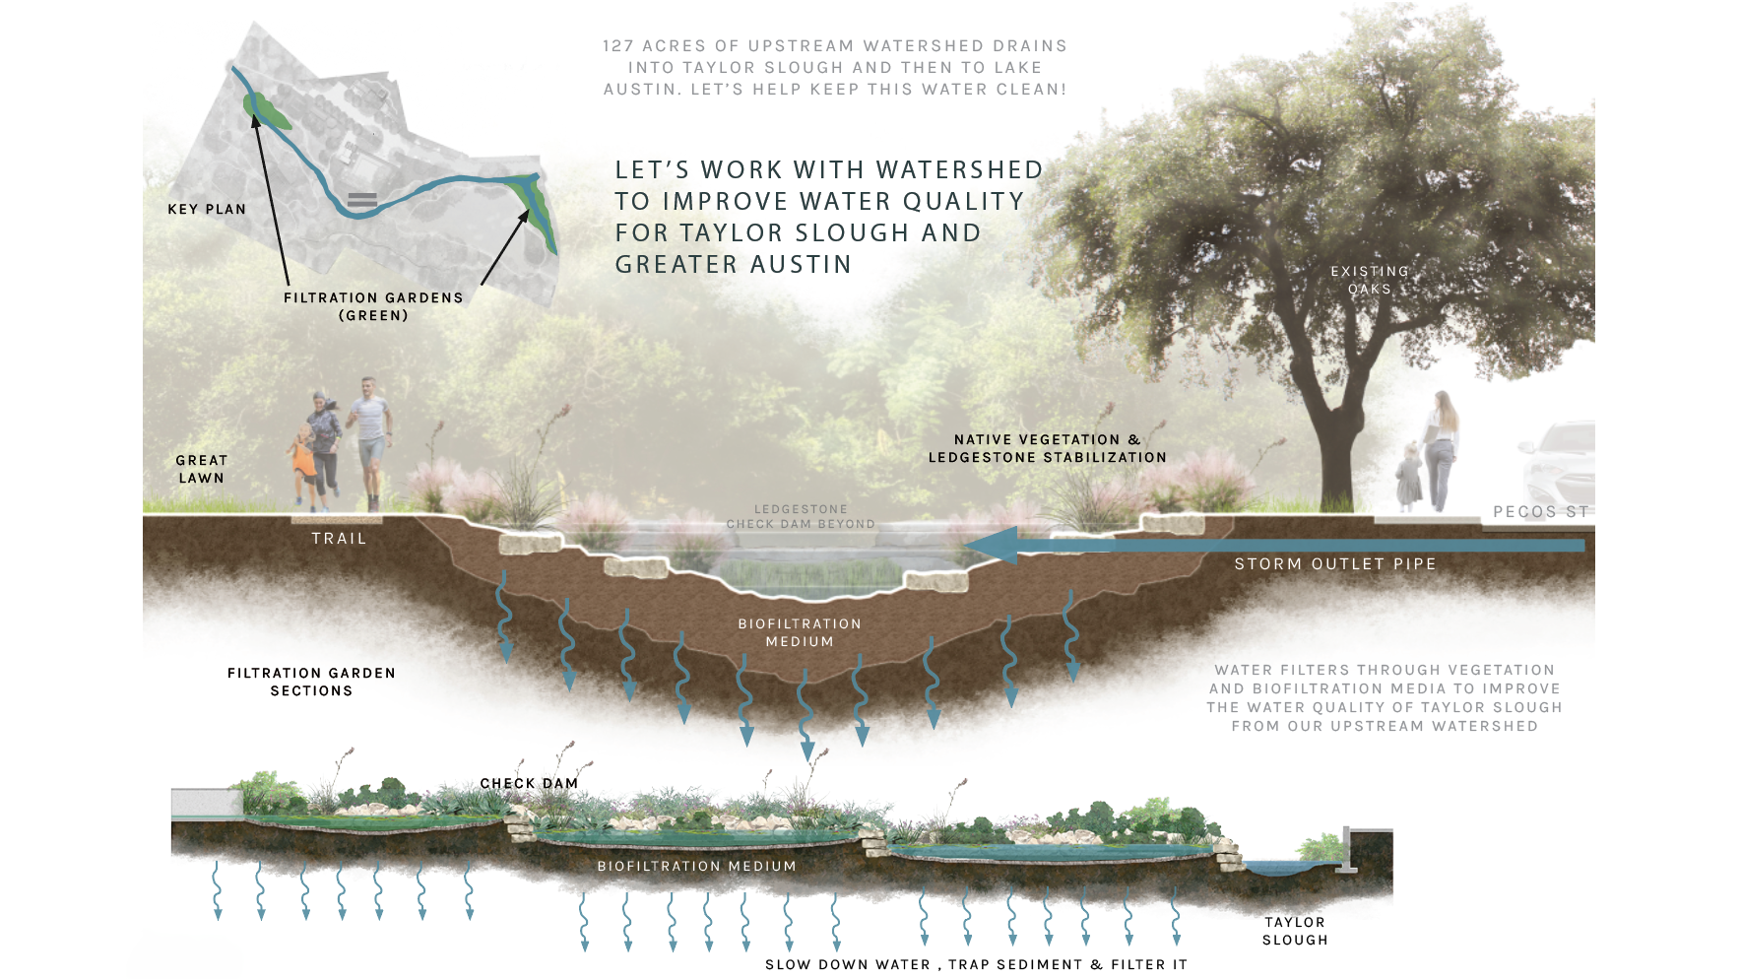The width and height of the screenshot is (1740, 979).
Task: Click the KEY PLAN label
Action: pos(207,209)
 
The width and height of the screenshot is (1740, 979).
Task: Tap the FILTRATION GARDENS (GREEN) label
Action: pos(373,306)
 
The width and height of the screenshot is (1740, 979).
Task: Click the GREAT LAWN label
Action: pos(201,469)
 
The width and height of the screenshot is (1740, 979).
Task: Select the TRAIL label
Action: pos(339,538)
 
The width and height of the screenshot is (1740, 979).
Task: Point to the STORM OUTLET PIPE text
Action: pos(1335,563)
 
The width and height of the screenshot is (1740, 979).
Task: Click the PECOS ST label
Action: pos(1540,511)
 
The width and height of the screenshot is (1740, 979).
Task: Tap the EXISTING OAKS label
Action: pos(1370,280)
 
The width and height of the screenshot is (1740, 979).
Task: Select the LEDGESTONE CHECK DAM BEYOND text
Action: pos(801,517)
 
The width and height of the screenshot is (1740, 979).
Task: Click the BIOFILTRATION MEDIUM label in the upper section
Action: pos(800,632)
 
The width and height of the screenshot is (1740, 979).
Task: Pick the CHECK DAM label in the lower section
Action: pos(529,783)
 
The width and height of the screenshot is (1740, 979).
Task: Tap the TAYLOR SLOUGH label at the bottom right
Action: pos(1295,931)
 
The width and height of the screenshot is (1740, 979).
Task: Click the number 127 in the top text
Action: pos(617,45)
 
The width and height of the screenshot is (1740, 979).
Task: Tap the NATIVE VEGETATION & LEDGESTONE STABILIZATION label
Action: pos(1047,448)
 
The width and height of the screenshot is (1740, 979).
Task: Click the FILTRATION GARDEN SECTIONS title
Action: pos(311,682)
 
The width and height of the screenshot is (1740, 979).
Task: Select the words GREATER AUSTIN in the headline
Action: pos(734,264)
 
